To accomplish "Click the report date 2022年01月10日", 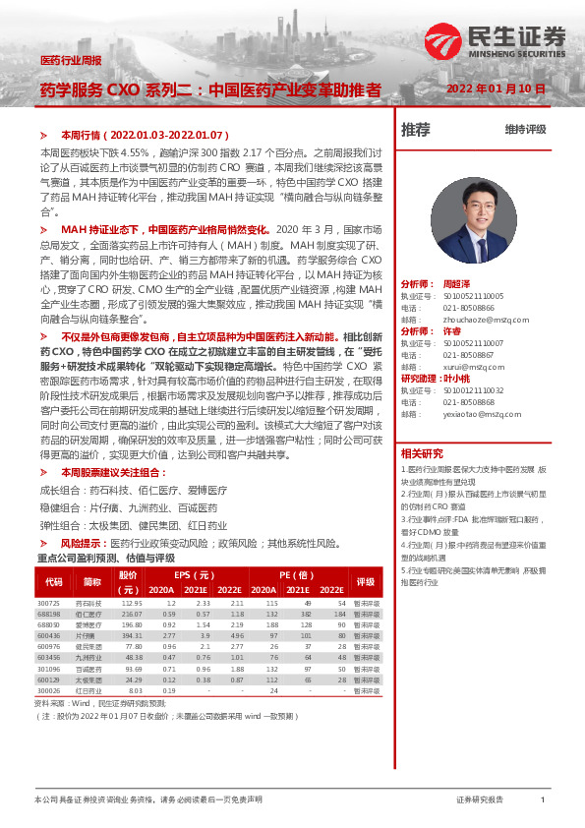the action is point(496,89).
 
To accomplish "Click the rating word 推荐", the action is point(416,130).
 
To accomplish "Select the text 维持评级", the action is point(525,130).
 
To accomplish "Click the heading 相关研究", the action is point(422,453).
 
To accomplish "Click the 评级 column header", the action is point(366,581).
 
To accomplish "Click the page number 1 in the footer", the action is point(543,800).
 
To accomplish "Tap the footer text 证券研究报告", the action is point(480,800).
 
